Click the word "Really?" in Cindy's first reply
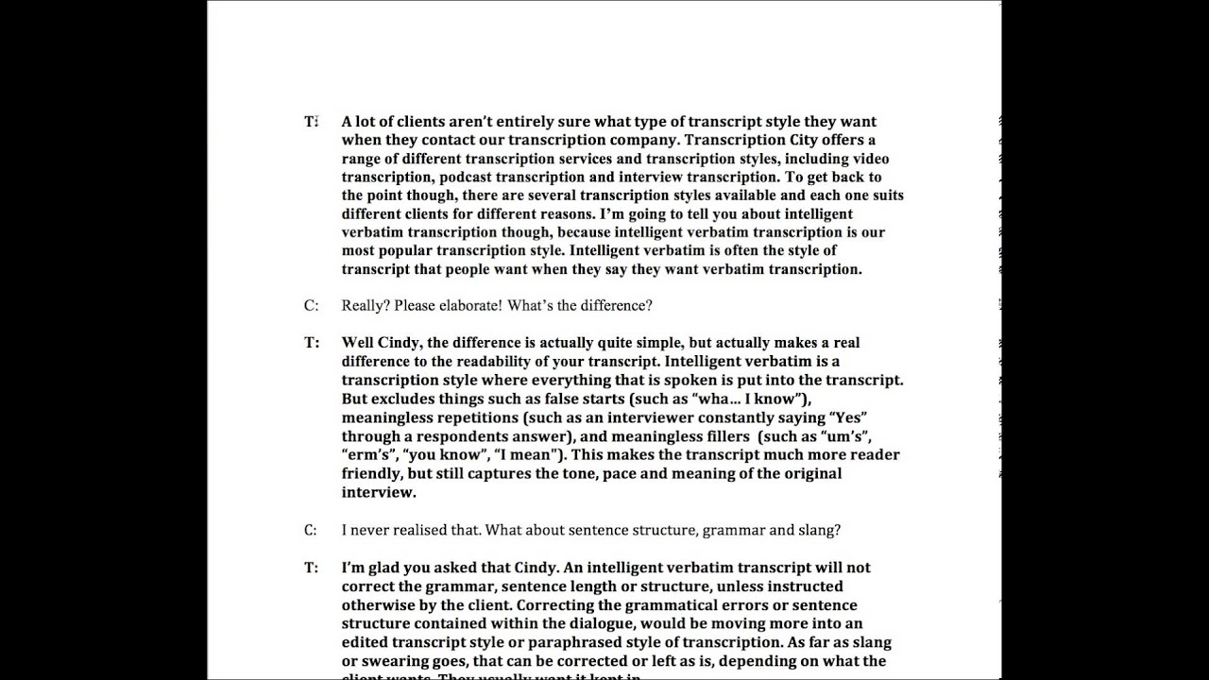(x=366, y=306)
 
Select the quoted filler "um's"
(x=845, y=436)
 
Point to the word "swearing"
(x=389, y=661)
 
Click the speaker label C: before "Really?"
(x=311, y=306)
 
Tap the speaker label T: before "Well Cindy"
(x=311, y=343)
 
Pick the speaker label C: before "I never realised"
(x=311, y=530)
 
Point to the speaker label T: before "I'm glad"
(x=311, y=568)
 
